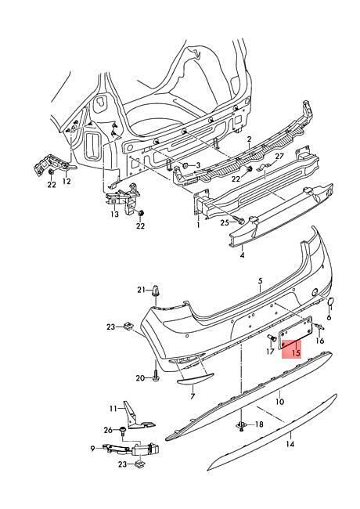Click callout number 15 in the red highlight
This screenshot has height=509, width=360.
296,353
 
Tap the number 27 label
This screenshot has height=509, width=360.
279,157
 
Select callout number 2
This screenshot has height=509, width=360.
249,139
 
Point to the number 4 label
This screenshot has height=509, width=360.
243,255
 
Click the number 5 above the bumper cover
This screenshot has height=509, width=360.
261,280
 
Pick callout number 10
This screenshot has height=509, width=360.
280,402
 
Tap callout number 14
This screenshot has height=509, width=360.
290,443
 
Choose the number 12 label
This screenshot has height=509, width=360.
67,181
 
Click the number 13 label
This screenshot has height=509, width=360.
115,215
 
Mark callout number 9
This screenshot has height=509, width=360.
93,449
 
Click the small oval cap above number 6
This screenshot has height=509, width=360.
330,302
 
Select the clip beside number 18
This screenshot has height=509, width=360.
242,425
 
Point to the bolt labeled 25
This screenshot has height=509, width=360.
239,222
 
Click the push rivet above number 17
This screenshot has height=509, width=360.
272,338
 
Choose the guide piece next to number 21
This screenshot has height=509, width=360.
157,291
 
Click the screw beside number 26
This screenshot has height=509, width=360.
123,431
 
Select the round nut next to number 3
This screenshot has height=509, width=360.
185,165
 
